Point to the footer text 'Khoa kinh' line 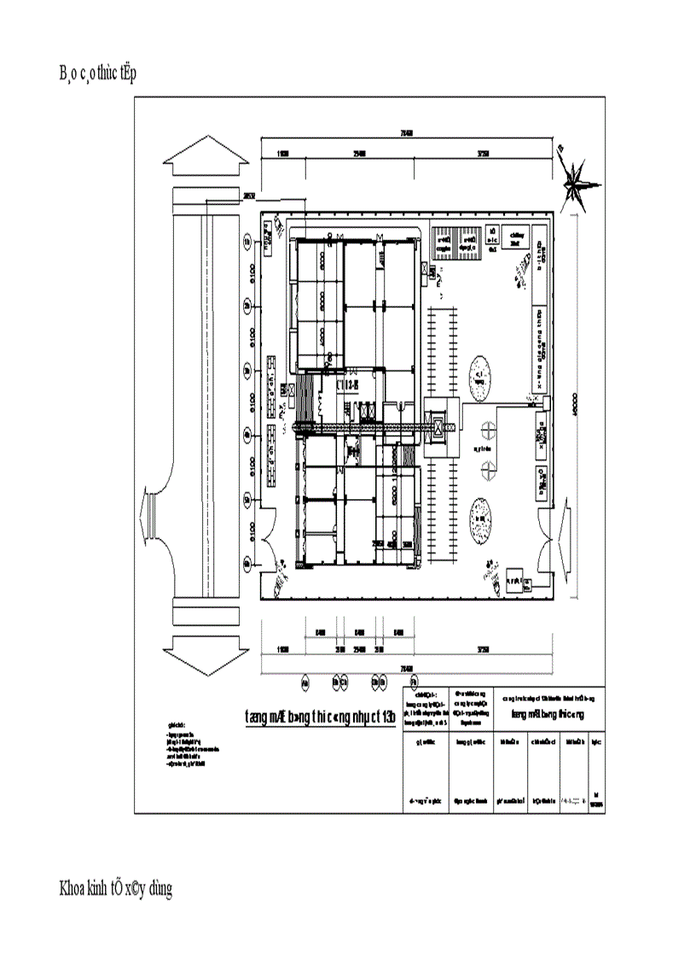(x=115, y=889)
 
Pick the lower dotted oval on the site (x=483, y=517)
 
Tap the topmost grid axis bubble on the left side (x=247, y=242)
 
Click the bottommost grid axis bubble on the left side (x=247, y=563)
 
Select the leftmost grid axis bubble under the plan (x=306, y=682)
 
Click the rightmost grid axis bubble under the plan (x=414, y=682)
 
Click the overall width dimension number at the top (x=407, y=133)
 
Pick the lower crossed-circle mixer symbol (x=488, y=465)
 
